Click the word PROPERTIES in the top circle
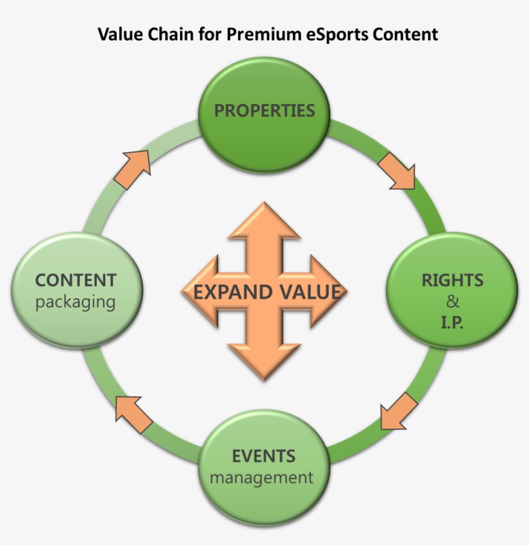tap(264, 110)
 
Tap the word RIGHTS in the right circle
tap(452, 280)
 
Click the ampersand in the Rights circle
tap(452, 302)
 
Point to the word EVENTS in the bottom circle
tap(263, 456)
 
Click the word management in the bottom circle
tap(261, 478)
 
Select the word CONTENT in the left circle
tap(75, 280)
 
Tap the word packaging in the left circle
tap(75, 302)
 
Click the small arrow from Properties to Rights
tap(395, 170)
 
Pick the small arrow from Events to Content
tap(134, 413)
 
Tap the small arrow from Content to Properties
tap(133, 169)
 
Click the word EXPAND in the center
tap(233, 292)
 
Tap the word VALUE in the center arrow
tap(309, 292)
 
